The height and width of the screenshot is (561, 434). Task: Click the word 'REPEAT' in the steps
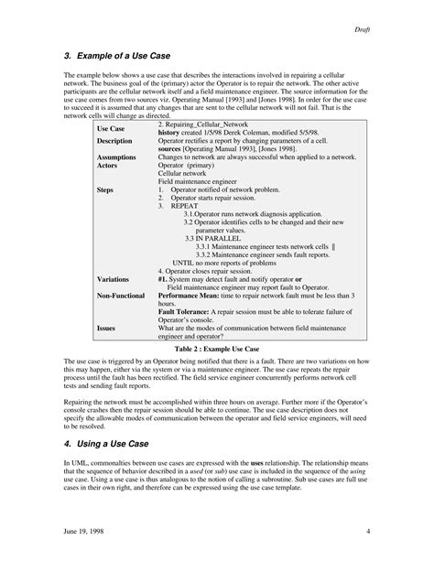pyautogui.click(x=185, y=206)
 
